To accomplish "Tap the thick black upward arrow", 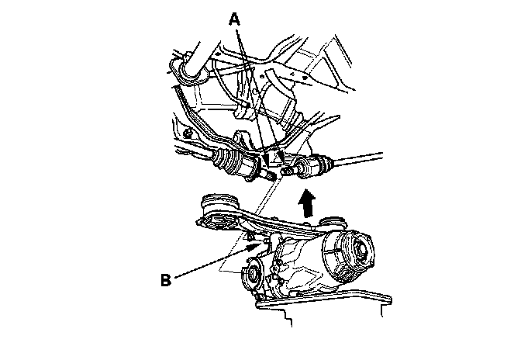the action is (308, 204).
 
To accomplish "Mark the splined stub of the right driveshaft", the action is (292, 168).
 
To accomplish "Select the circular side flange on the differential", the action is (251, 276).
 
